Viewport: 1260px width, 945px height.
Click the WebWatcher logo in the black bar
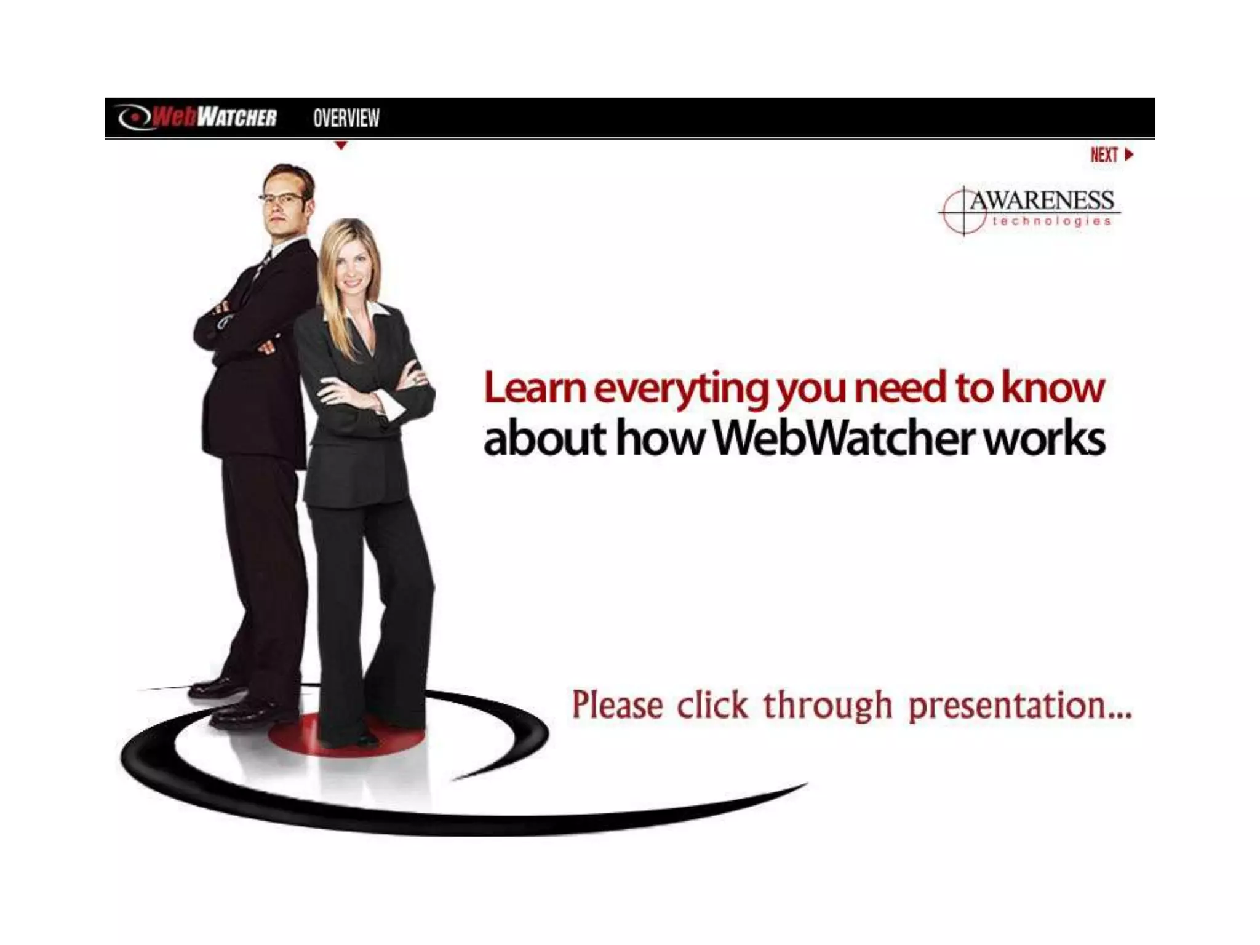(x=197, y=117)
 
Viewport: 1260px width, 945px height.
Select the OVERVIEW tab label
(x=346, y=118)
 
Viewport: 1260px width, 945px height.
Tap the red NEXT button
(x=1104, y=155)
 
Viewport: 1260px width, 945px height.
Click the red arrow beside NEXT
(x=1128, y=154)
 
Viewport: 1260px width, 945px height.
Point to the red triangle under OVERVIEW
(x=341, y=146)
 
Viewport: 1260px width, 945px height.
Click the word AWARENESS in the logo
(x=1042, y=201)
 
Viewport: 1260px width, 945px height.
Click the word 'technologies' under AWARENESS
(x=1051, y=221)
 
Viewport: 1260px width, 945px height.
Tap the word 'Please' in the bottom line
(x=617, y=705)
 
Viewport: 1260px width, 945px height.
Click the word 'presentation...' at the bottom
(x=1019, y=706)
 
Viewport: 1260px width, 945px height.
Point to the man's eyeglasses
(x=282, y=198)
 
